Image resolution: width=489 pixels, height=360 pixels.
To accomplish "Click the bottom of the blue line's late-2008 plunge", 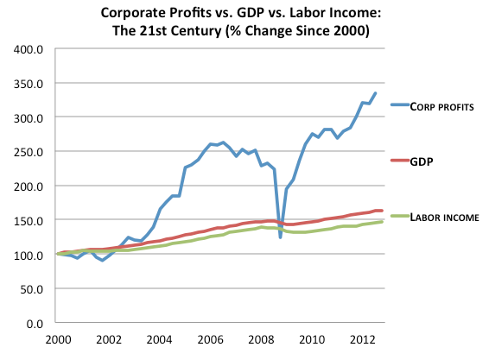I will [x=281, y=237].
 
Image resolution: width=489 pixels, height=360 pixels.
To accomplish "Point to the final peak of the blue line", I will [x=375, y=93].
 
